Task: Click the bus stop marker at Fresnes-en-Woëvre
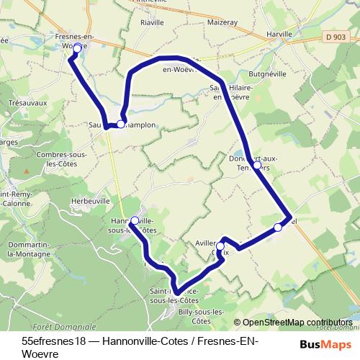point(77,47)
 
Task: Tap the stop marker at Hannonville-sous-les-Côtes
point(135,220)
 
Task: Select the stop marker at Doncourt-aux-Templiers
point(257,165)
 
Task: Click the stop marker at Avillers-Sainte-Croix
point(220,246)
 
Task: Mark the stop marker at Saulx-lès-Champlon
point(121,124)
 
